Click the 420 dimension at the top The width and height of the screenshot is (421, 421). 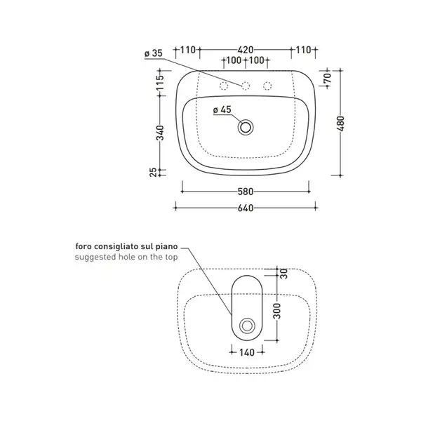pos(246,50)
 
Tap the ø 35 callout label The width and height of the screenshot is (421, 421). pos(154,53)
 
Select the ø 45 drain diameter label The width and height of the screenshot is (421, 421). pos(222,110)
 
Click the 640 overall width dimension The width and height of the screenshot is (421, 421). pos(246,208)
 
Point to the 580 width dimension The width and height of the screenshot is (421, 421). pos(246,192)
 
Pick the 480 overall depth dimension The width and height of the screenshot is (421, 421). pos(340,123)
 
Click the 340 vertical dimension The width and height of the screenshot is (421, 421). pos(160,133)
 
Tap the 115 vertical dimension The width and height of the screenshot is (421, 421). pos(160,82)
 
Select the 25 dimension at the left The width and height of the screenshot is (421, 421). pos(153,173)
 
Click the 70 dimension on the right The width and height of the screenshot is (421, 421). pos(328,78)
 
